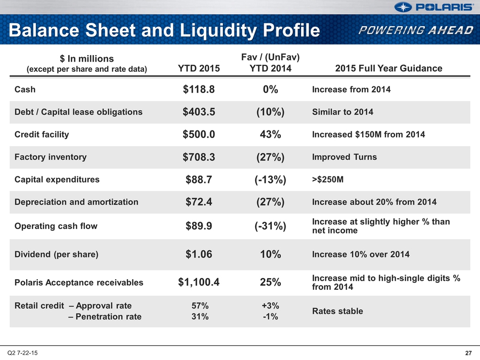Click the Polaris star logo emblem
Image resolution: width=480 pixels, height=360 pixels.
403,7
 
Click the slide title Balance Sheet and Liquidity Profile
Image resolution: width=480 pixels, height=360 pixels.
164,30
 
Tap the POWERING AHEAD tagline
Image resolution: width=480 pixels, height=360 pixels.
416,30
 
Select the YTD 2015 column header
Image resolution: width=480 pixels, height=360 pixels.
199,68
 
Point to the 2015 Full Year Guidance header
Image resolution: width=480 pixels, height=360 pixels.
389,68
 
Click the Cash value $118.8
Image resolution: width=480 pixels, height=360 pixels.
199,89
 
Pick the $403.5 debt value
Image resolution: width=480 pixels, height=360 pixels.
199,112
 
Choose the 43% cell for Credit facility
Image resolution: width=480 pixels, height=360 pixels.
271,134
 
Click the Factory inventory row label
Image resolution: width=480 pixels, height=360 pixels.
51,157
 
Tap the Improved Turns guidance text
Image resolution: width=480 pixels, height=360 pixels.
345,157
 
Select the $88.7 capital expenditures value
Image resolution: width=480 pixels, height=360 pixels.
199,179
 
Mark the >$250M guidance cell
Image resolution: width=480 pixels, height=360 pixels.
328,179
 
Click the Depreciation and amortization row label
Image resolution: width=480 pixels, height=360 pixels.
76,202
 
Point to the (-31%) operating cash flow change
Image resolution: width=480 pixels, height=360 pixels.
271,226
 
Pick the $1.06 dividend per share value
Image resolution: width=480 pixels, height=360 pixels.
199,254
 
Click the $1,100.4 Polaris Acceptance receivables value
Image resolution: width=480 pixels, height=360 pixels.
199,282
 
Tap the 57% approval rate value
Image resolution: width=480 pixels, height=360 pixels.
200,305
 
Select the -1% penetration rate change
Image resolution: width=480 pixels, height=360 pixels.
271,317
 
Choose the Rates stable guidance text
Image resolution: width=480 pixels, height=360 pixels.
338,311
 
